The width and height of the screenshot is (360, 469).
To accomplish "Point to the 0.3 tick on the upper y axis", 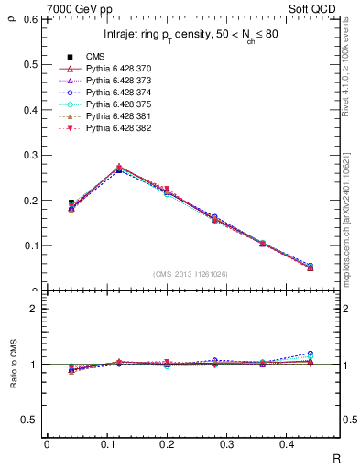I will coord(29,155).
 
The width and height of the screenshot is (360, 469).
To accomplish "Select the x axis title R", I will coord(337,458).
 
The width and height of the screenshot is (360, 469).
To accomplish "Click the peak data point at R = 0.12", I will coord(119,169).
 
